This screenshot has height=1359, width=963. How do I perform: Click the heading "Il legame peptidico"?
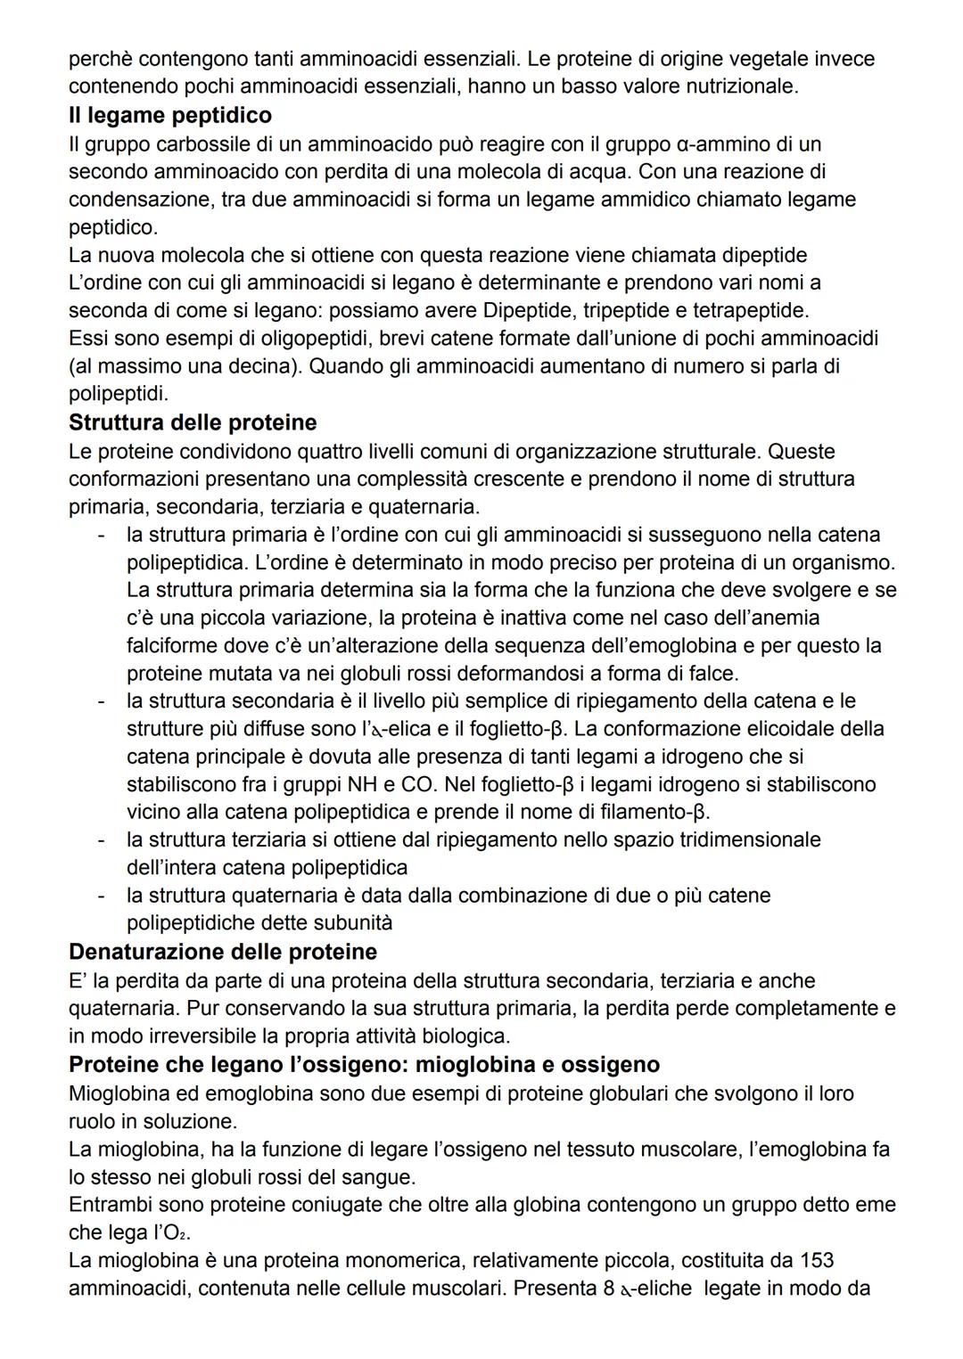(170, 115)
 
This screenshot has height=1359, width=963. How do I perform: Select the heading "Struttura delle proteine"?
(193, 422)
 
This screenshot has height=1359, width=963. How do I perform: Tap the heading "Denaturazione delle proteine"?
(223, 952)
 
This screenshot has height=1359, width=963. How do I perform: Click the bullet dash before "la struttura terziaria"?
(103, 839)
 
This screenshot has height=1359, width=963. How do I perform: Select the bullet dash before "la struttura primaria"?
(103, 535)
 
